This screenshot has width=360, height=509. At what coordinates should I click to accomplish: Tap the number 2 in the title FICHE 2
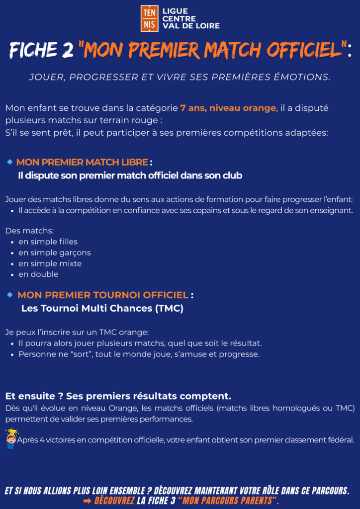point(68,50)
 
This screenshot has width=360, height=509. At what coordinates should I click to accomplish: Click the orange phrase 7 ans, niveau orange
point(228,108)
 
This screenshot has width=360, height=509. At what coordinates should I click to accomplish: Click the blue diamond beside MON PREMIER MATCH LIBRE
point(9,162)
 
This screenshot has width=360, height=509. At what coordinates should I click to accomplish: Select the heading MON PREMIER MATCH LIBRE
point(82,163)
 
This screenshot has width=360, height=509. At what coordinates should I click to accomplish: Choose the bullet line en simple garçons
point(54,253)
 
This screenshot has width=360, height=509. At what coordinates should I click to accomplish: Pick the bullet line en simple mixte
point(50,263)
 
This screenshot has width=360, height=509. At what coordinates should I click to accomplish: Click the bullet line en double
point(38,274)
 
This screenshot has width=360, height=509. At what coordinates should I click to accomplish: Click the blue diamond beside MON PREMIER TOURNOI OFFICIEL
point(9,295)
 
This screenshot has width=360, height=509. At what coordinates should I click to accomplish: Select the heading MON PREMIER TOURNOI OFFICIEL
point(103,295)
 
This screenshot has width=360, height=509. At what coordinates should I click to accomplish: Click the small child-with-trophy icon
point(10,437)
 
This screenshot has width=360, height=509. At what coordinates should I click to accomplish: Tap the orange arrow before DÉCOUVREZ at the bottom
point(87,501)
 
